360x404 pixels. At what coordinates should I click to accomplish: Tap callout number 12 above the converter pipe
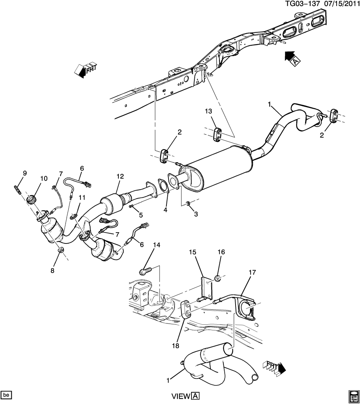pyautogui.click(x=120, y=176)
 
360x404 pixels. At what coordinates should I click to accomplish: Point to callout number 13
pyautogui.click(x=208, y=111)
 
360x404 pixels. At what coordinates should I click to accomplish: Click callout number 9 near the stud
pyautogui.click(x=25, y=173)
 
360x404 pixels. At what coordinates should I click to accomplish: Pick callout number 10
pyautogui.click(x=44, y=178)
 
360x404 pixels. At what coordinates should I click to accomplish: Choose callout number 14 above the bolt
pyautogui.click(x=157, y=245)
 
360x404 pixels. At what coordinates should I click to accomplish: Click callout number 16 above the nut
pyautogui.click(x=221, y=252)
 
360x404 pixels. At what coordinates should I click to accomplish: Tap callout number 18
pyautogui.click(x=175, y=346)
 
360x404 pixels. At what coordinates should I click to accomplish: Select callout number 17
pyautogui.click(x=253, y=272)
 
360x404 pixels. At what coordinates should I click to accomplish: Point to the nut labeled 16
pyautogui.click(x=218, y=278)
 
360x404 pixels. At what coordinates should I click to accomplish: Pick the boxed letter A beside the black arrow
pyautogui.click(x=295, y=61)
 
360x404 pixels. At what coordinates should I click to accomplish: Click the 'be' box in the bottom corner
pyautogui.click(x=6, y=395)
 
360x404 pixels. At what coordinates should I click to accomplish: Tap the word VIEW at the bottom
pyautogui.click(x=181, y=396)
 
